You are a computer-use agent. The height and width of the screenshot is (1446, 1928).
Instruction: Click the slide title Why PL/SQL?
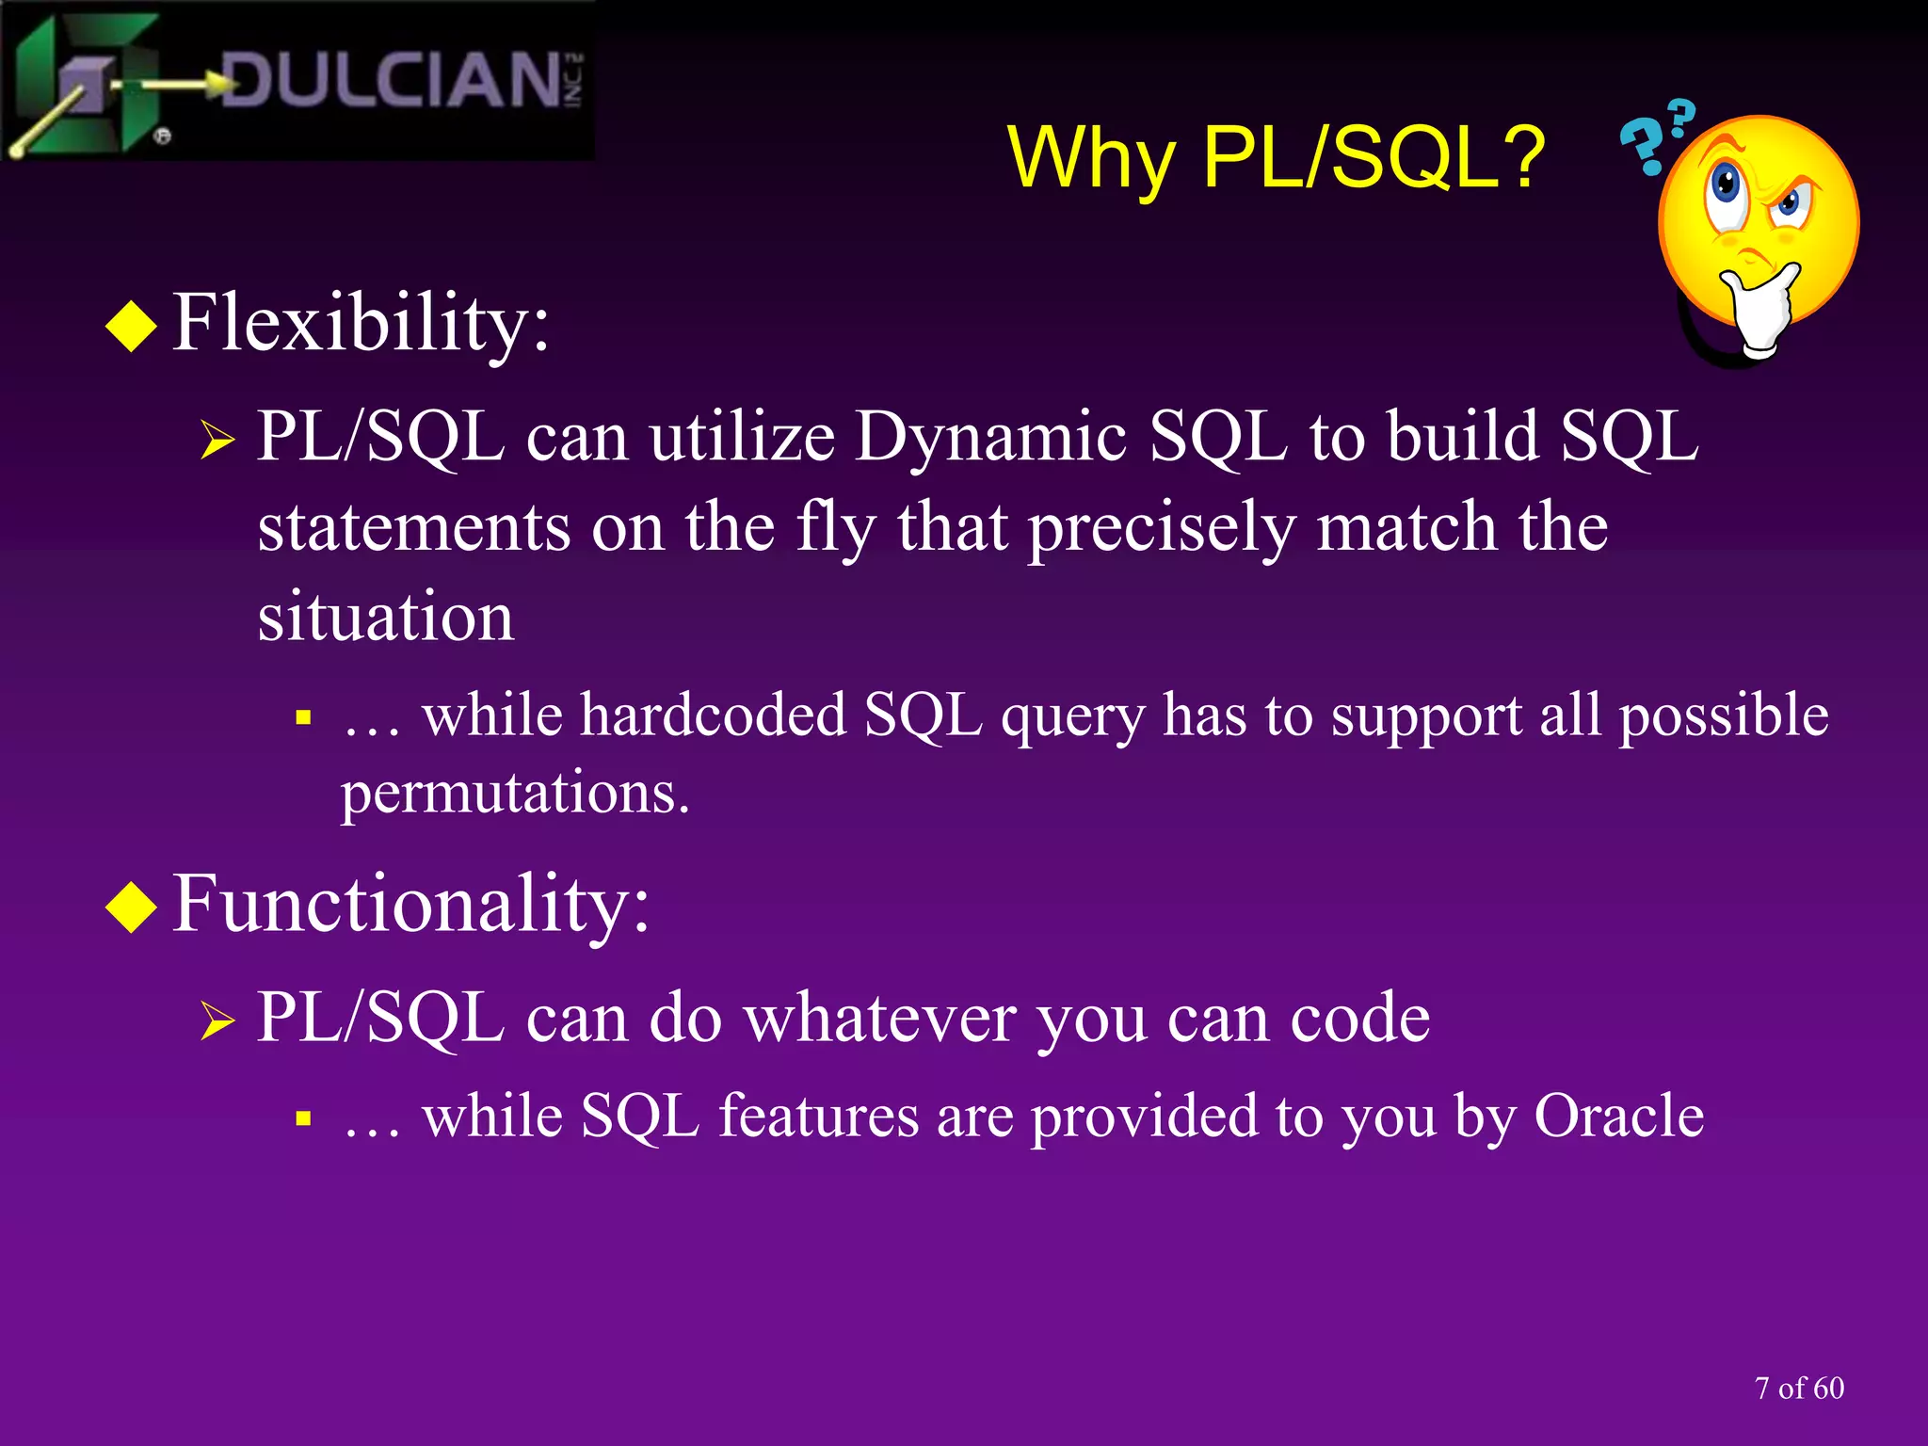click(x=1276, y=158)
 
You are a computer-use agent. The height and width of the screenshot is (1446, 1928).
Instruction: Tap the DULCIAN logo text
click(x=391, y=80)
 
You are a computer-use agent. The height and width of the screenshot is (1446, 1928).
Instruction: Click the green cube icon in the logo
click(x=89, y=83)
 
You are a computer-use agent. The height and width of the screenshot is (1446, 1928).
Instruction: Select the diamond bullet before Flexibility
click(x=132, y=326)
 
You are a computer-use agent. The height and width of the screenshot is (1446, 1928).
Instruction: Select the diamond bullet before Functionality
click(x=132, y=907)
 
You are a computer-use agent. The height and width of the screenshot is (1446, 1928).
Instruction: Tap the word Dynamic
click(x=990, y=438)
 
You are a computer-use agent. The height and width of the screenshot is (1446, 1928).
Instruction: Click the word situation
click(x=386, y=617)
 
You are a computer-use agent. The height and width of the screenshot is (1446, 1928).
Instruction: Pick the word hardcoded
click(x=713, y=715)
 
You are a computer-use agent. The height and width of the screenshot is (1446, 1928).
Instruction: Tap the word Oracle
click(x=1618, y=1117)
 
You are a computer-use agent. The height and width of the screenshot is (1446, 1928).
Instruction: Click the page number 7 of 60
click(x=1799, y=1389)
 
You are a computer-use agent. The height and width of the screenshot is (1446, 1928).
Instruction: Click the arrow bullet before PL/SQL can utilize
click(x=217, y=441)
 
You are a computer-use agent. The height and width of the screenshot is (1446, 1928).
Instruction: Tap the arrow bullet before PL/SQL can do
click(x=217, y=1021)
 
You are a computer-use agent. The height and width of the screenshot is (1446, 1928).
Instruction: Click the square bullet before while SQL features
click(x=303, y=1119)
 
